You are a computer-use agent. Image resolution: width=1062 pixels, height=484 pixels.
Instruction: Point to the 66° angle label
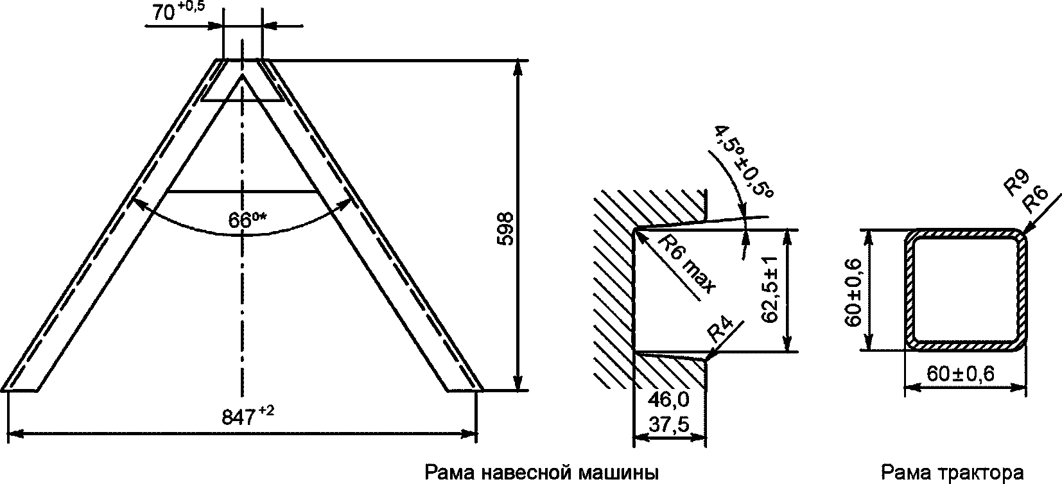coord(247,220)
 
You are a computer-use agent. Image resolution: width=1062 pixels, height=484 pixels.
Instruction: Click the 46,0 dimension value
coord(668,400)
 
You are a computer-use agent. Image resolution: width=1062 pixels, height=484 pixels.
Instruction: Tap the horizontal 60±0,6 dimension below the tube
coord(961,374)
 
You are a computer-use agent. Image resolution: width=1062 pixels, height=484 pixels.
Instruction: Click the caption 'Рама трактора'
coord(952,474)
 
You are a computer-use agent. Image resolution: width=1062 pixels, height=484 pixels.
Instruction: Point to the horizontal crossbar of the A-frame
coord(243,191)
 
